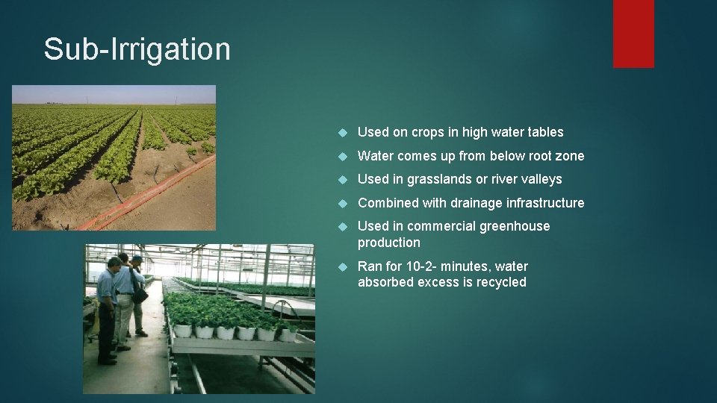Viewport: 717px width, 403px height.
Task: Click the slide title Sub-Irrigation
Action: (137, 49)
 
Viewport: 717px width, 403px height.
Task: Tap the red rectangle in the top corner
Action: (633, 34)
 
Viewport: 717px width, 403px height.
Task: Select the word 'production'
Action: (388, 243)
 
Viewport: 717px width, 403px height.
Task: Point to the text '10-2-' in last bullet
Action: (426, 266)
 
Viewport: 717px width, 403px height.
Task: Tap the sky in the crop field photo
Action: (112, 93)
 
